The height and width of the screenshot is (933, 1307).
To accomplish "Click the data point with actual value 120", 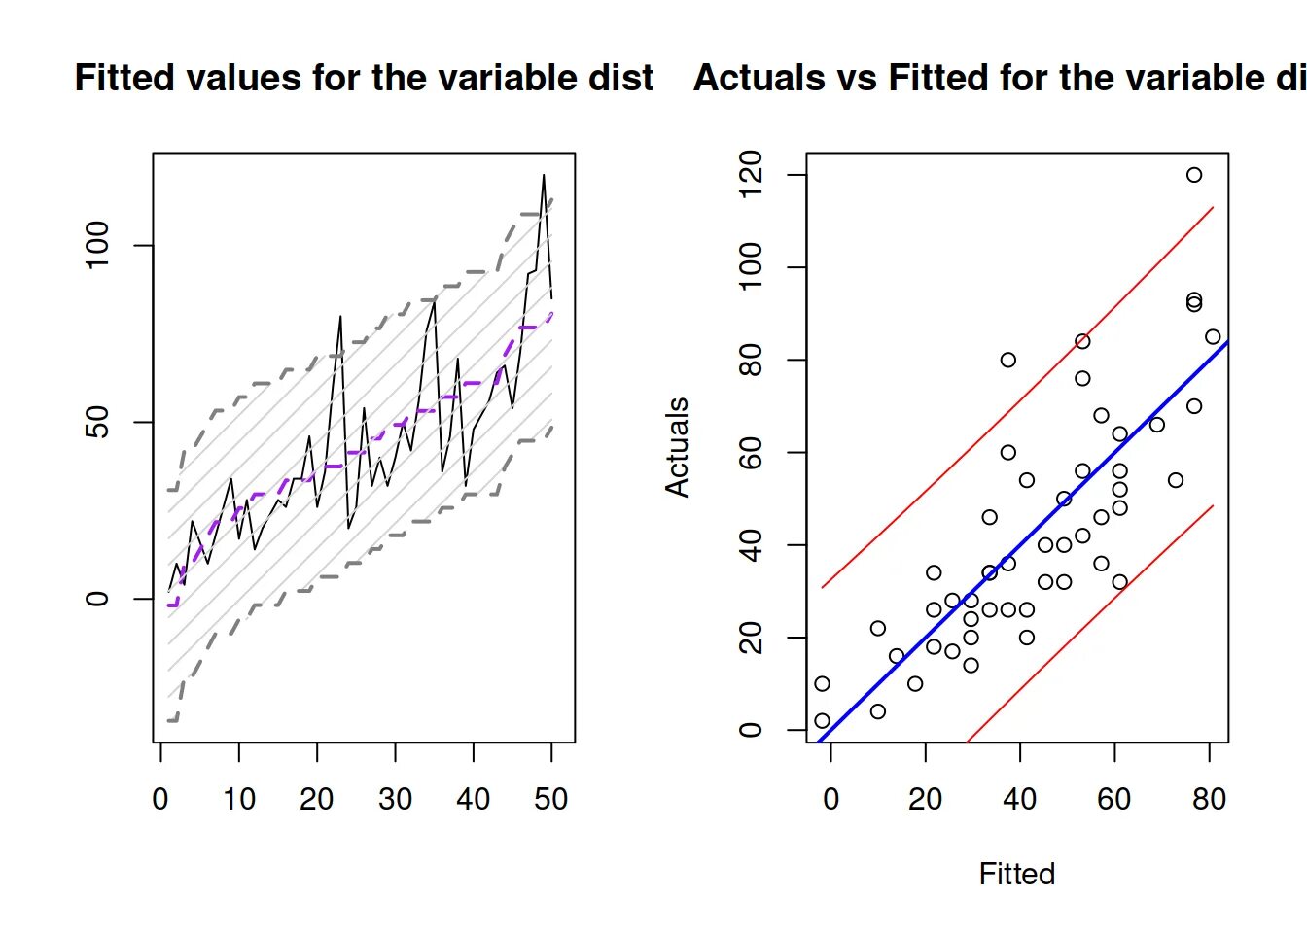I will [x=1193, y=175].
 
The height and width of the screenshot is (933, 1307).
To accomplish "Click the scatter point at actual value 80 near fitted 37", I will [x=1007, y=360].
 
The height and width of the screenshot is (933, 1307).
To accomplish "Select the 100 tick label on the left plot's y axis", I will [x=97, y=245].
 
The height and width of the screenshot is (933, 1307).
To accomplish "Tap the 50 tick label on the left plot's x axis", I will [x=551, y=799].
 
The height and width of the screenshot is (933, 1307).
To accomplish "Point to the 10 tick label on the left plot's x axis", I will [x=239, y=799].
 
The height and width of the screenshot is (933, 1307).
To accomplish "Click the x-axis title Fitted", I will [x=1016, y=874].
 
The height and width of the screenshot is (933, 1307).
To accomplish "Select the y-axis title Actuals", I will [x=677, y=447].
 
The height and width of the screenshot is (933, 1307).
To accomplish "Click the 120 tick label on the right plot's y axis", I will [x=751, y=175].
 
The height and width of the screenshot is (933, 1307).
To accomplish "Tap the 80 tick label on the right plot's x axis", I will [x=1209, y=799].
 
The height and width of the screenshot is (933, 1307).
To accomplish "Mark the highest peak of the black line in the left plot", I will [x=544, y=176].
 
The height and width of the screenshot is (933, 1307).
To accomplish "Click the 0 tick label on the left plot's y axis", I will [x=97, y=598].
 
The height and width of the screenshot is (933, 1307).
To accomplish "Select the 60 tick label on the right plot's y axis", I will [x=751, y=453].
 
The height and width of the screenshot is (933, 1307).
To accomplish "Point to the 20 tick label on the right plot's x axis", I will [x=925, y=799].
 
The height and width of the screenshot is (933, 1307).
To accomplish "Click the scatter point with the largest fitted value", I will [x=1212, y=337].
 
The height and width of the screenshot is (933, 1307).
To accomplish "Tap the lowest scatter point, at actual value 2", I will [x=822, y=720].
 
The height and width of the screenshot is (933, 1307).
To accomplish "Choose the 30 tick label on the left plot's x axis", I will [x=395, y=799].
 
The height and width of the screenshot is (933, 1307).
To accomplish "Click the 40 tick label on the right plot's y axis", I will [x=751, y=545].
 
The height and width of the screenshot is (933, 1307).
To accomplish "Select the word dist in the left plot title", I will [x=622, y=78].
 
